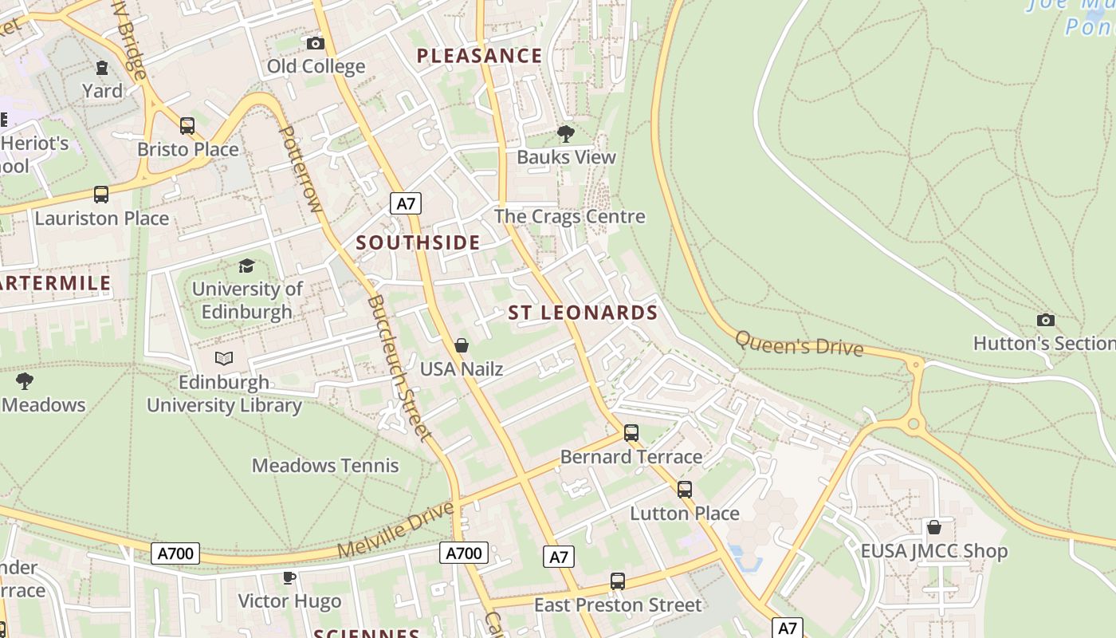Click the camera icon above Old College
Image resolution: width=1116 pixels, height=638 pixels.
(x=316, y=43)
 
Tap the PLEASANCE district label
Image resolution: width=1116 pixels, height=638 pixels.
(x=480, y=56)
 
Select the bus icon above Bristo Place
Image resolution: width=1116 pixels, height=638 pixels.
(x=187, y=125)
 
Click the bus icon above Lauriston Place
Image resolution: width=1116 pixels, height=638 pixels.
(x=101, y=194)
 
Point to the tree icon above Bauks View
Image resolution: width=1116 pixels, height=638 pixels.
(x=566, y=133)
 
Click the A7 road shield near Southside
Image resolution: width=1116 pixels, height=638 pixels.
(x=406, y=203)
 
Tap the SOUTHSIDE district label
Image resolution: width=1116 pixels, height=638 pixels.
(x=418, y=242)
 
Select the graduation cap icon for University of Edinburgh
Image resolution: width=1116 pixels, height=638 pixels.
(x=247, y=266)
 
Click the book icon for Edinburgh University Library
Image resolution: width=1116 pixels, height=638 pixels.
(x=224, y=359)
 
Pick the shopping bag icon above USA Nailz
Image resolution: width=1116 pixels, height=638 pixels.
(x=461, y=345)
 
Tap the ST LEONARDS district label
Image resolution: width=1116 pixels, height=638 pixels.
(x=583, y=313)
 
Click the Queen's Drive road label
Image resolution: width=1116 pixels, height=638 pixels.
(x=799, y=344)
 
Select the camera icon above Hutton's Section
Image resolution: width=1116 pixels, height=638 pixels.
(x=1046, y=320)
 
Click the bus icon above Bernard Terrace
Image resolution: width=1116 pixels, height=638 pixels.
(x=631, y=433)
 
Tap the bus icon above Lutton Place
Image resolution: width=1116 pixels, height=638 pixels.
(x=685, y=490)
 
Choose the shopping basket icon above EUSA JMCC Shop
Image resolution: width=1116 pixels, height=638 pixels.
(x=934, y=527)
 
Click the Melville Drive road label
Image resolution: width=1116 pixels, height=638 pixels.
(x=395, y=530)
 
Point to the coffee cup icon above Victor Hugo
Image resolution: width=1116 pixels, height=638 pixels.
(x=289, y=577)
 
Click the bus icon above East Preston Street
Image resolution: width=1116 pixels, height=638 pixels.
(x=618, y=581)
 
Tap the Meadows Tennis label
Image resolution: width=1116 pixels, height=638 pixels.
(x=325, y=465)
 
